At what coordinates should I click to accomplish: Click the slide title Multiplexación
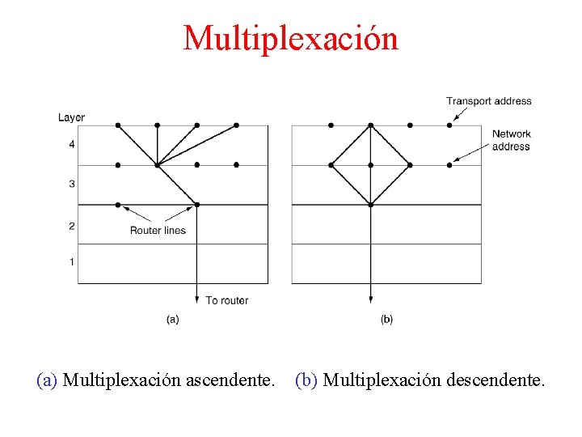291,38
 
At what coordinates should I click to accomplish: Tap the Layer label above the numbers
71,117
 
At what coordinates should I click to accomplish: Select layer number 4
71,145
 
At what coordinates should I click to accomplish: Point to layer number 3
71,185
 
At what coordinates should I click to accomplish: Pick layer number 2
71,227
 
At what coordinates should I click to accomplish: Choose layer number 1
71,262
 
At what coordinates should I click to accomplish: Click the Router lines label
158,231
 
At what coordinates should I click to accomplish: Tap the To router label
227,300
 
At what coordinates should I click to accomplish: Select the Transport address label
488,101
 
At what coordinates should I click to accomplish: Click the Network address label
511,140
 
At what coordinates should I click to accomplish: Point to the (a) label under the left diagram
172,320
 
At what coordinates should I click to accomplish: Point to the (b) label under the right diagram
386,320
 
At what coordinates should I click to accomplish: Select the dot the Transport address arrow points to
449,125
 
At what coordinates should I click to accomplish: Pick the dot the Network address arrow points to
449,165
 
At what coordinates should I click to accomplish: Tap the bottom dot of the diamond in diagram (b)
370,205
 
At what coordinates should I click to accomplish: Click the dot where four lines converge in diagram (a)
158,165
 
